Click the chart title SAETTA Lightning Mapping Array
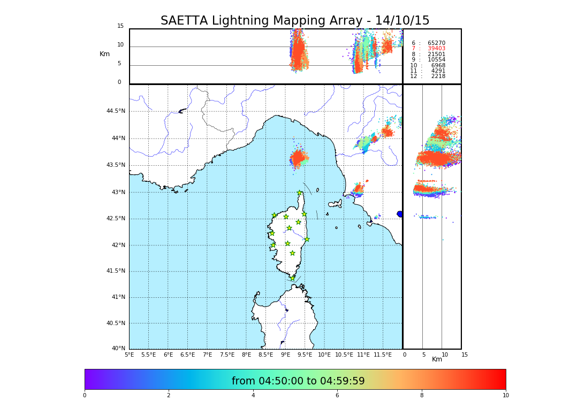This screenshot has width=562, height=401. tap(295, 21)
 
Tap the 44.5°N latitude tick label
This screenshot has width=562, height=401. tap(116, 111)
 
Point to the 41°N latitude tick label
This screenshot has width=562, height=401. tap(118, 297)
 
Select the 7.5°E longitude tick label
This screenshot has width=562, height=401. tap(227, 354)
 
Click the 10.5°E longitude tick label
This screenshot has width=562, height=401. tap(344, 354)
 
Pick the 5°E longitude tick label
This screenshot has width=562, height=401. tap(129, 354)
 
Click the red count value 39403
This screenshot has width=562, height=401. tap(436, 49)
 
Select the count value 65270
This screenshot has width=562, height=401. tap(436, 43)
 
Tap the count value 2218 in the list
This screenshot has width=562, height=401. tap(438, 76)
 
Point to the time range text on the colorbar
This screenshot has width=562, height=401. tap(298, 381)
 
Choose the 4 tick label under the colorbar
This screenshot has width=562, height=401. tap(253, 396)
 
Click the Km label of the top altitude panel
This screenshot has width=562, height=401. tap(104, 54)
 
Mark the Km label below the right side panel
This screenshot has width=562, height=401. tap(437, 359)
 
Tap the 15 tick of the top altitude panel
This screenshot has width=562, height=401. tap(120, 26)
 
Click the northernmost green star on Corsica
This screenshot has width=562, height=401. tap(299, 193)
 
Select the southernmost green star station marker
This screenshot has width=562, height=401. tap(292, 278)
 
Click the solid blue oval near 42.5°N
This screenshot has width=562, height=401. tap(399, 214)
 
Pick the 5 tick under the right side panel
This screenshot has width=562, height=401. tap(423, 354)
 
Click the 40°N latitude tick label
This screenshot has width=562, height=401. tap(118, 349)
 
